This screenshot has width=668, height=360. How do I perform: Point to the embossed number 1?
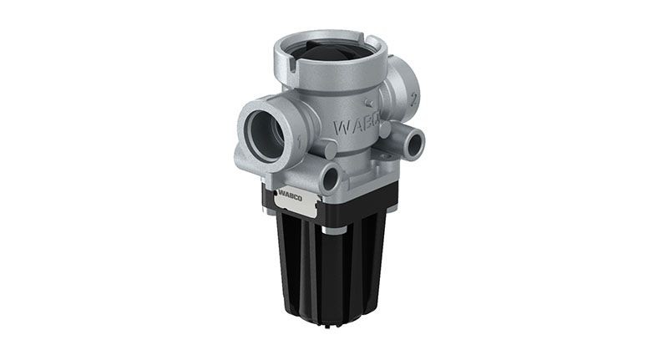[x=298, y=142]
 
